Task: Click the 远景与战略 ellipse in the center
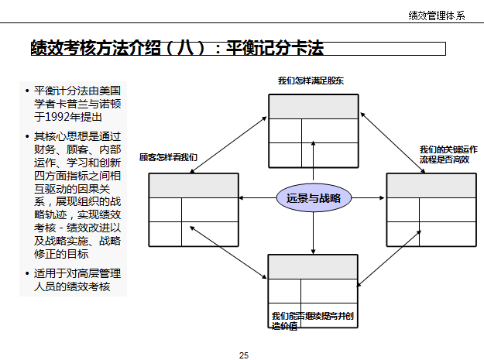314,198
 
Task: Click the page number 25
244,355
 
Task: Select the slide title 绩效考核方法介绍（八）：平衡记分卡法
177,49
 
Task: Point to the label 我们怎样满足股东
311,81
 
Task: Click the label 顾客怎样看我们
168,157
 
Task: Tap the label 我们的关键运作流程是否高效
448,153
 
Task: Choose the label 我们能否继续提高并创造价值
312,321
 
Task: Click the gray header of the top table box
313,107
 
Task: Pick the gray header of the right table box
431,186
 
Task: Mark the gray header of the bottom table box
313,266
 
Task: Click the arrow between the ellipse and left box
257,198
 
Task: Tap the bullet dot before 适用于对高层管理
27,274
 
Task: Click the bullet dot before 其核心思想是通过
27,137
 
